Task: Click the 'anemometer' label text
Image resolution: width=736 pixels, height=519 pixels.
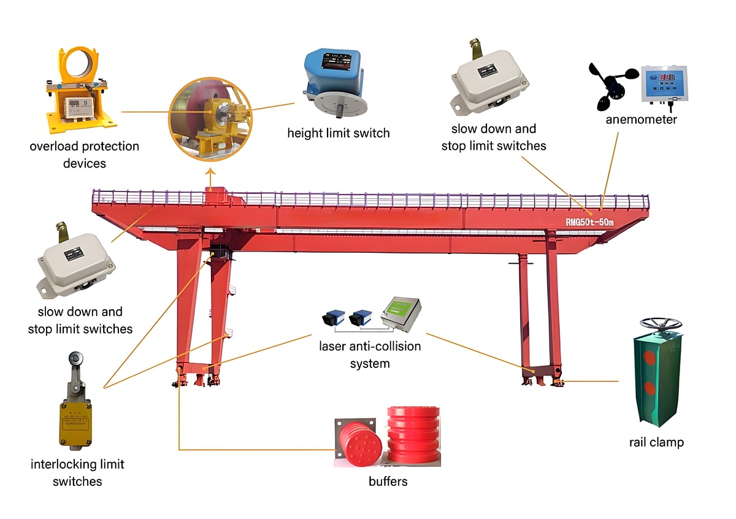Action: click(641, 119)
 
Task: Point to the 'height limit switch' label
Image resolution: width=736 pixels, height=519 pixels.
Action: click(339, 133)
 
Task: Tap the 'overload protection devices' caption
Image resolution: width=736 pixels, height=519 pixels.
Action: click(85, 155)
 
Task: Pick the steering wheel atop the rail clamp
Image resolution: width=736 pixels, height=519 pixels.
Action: click(661, 323)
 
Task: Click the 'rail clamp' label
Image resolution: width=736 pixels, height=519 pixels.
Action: click(656, 442)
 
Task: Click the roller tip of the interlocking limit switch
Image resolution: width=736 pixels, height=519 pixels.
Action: click(75, 356)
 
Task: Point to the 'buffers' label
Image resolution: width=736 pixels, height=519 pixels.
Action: click(388, 481)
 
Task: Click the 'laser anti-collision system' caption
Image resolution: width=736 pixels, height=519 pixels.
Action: click(370, 355)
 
